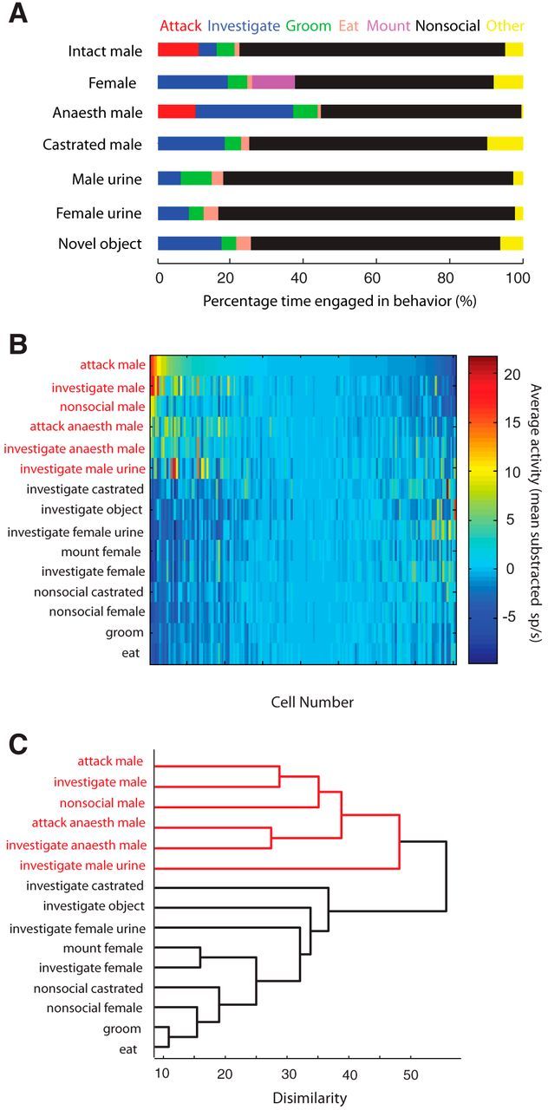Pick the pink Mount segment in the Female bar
click(x=273, y=82)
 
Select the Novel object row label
click(x=104, y=244)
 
